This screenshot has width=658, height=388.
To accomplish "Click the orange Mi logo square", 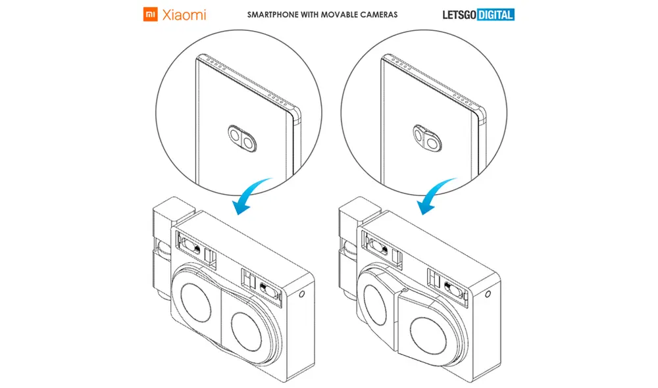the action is coord(150,14).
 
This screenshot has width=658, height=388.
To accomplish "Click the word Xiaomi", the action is coord(184,15).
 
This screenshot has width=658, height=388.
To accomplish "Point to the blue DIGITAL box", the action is coord(495,15).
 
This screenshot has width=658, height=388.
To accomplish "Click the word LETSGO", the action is coord(459,15).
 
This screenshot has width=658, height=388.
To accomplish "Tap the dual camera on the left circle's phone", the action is coord(242,138).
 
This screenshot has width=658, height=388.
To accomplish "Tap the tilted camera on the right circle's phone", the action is coord(427,138).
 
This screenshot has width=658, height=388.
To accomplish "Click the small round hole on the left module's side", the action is coord(302,294).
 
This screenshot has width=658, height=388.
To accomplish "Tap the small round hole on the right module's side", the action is coord(488,294).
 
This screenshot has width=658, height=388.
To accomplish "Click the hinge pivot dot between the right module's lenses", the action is coord(404,289).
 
